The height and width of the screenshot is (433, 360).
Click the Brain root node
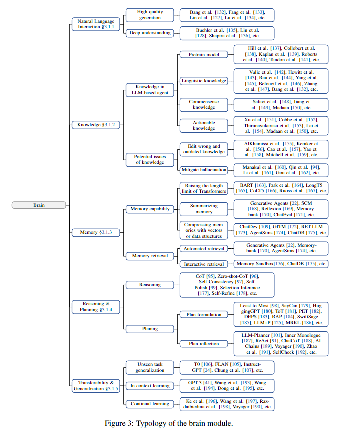38,204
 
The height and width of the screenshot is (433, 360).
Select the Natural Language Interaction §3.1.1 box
96,23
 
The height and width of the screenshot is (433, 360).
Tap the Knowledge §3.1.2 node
96,124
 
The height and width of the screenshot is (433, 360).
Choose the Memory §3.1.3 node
96,232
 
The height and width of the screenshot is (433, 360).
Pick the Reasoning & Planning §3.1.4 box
96,306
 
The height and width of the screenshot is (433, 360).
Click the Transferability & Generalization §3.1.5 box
96,385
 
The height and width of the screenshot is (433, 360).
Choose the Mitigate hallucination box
204,170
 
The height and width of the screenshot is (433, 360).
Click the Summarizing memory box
204,209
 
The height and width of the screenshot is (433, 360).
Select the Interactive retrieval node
204,264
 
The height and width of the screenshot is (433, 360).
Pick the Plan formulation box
204,315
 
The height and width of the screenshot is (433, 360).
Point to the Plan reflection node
204,343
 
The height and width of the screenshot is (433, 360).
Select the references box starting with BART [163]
281,188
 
